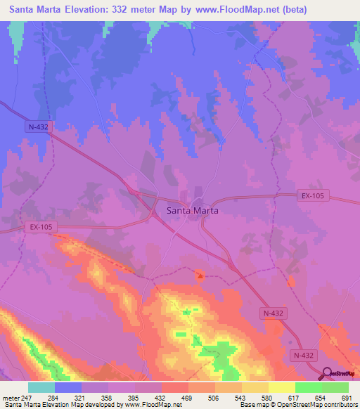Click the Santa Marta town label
coord(192,210)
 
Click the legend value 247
coord(29,398)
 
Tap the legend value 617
coord(293,398)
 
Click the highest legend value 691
coord(345,398)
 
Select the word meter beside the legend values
coord(10,398)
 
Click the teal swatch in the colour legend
coord(41,387)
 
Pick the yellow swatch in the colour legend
coord(281,387)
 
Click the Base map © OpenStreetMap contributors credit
coord(297,405)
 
